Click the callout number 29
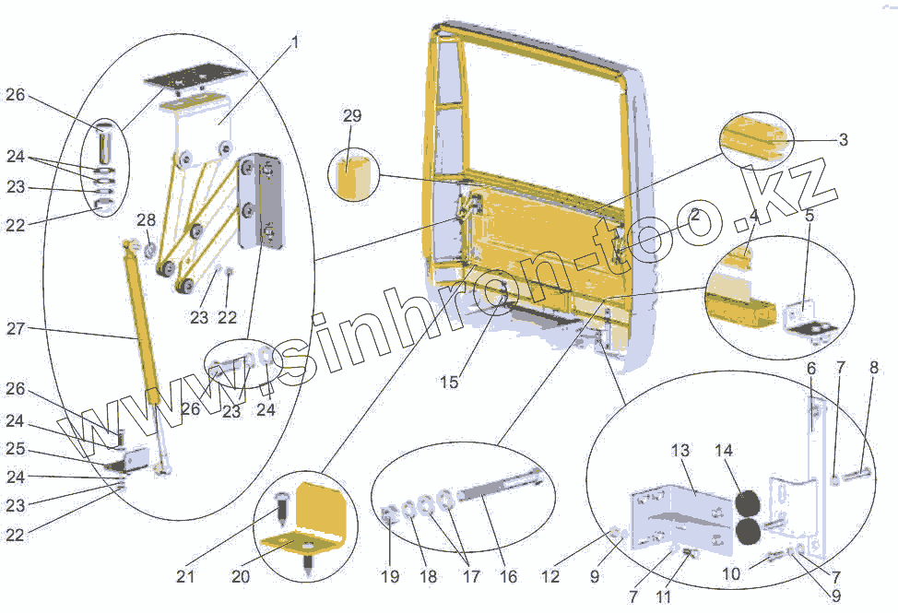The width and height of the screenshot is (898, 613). pyautogui.click(x=351, y=116)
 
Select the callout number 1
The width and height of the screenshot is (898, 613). pyautogui.click(x=294, y=43)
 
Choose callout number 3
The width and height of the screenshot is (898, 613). pyautogui.click(x=843, y=140)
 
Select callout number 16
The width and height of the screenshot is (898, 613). pyautogui.click(x=509, y=577)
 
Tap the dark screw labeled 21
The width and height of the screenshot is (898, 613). pyautogui.click(x=281, y=505)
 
